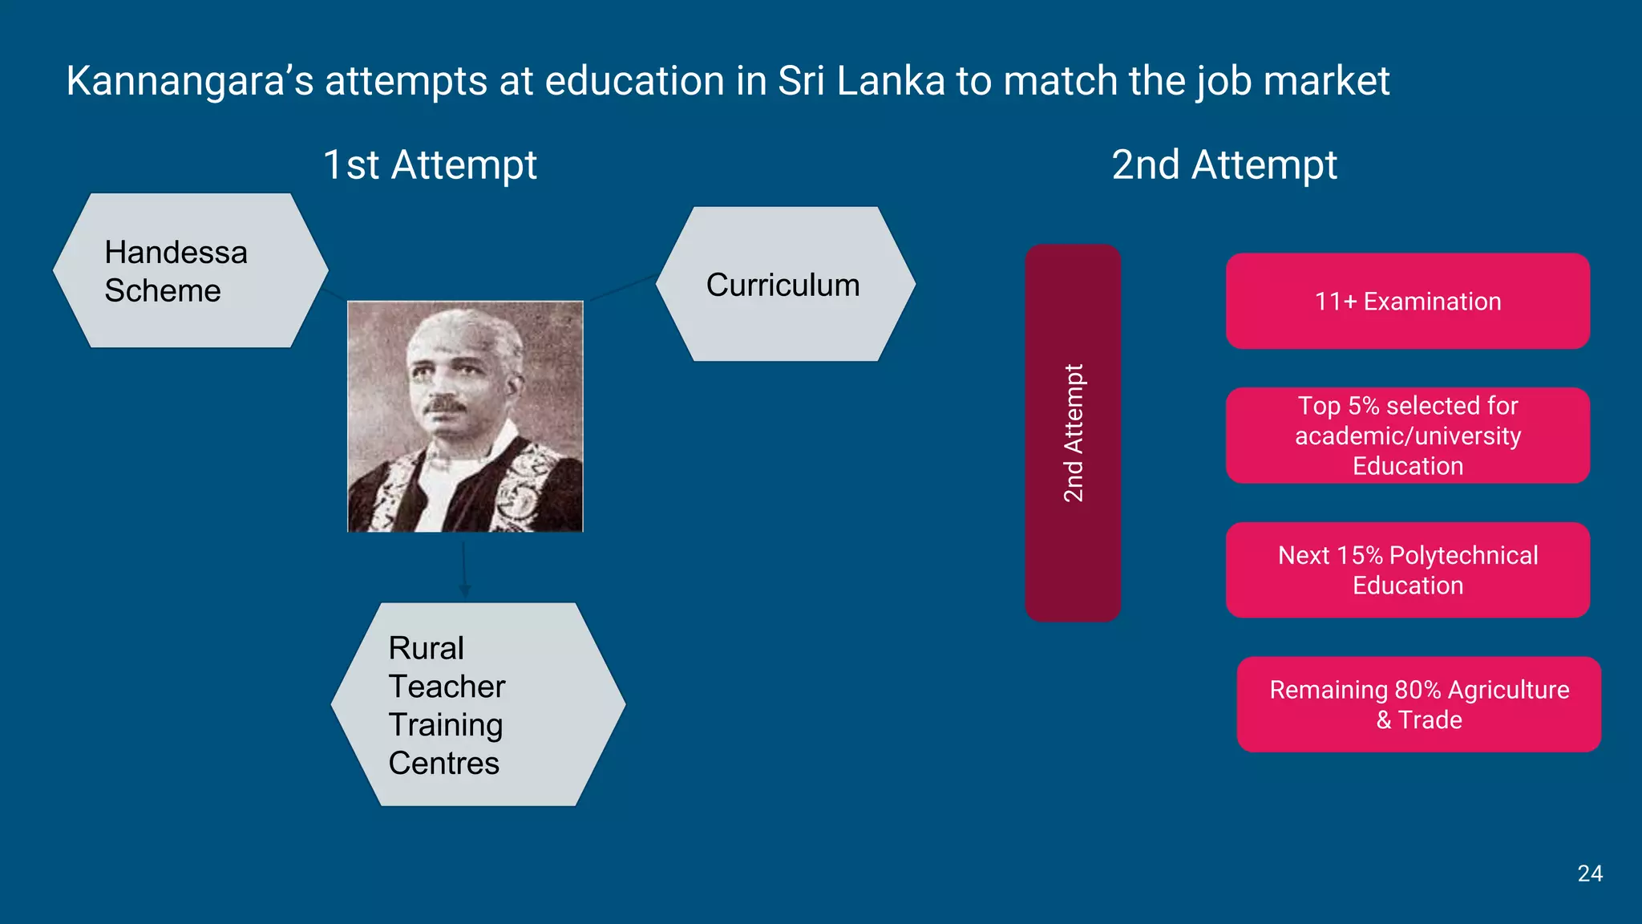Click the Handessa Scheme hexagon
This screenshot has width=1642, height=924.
pos(190,271)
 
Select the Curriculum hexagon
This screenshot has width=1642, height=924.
pos(785,285)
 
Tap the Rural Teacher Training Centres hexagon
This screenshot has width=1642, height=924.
pos(478,704)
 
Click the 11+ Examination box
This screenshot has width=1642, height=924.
pos(1407,302)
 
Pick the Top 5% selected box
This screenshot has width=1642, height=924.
pos(1407,436)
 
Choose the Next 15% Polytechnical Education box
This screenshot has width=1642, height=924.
pos(1407,570)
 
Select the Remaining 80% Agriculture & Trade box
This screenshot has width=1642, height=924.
pos(1418,704)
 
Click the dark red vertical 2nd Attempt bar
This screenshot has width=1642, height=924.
pos(1073,433)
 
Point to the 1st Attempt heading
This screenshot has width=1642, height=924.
pos(430,165)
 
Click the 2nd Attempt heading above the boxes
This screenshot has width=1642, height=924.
pos(1224,165)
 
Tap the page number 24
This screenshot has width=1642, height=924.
pos(1589,873)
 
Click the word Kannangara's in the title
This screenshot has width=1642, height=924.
pos(189,81)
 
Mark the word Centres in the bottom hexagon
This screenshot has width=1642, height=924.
pos(443,764)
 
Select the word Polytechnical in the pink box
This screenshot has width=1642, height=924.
pos(1463,555)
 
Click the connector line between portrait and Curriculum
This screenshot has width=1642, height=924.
pos(623,288)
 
